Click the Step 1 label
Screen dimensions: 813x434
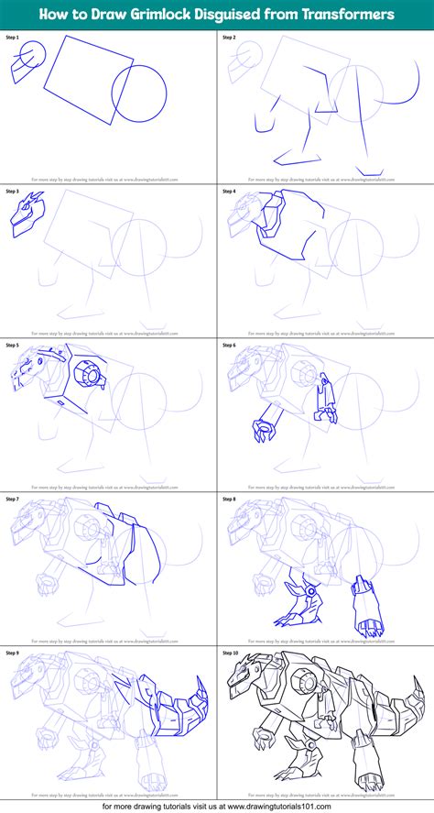tap(13, 37)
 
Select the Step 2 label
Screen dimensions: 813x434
tap(229, 37)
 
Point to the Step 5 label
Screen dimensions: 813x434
tap(13, 346)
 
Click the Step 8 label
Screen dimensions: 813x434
tap(229, 500)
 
